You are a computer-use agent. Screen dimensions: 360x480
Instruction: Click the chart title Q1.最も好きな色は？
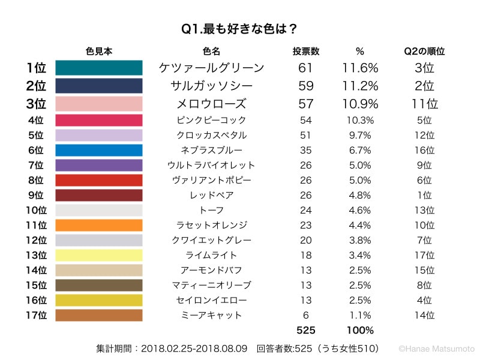[x=240, y=28]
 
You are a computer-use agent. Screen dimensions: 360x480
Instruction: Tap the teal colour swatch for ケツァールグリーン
[x=99, y=68]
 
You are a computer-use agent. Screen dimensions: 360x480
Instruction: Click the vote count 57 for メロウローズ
[x=305, y=103]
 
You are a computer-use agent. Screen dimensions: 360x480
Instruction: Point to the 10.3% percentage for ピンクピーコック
[x=360, y=120]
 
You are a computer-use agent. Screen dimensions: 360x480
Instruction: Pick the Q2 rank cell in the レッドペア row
[x=424, y=195]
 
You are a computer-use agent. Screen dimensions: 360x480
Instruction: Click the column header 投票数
[x=305, y=51]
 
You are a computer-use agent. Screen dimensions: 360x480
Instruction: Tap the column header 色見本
[x=99, y=51]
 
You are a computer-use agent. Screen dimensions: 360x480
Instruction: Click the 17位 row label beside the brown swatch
[x=35, y=315]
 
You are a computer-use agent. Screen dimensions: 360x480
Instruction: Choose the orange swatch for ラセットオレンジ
[x=99, y=225]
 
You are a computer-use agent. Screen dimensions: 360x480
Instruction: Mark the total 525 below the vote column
[x=305, y=330]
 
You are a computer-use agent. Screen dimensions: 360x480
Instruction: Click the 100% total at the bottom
[x=360, y=330]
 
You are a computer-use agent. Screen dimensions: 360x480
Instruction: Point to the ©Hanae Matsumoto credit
[x=436, y=348]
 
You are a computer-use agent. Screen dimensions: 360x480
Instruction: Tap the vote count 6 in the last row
[x=305, y=315]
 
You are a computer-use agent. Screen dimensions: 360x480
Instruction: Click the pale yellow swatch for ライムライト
[x=99, y=255]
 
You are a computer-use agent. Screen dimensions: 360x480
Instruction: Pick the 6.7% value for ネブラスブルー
[x=360, y=150]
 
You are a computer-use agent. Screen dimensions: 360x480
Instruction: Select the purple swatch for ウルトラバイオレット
[x=99, y=165]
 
